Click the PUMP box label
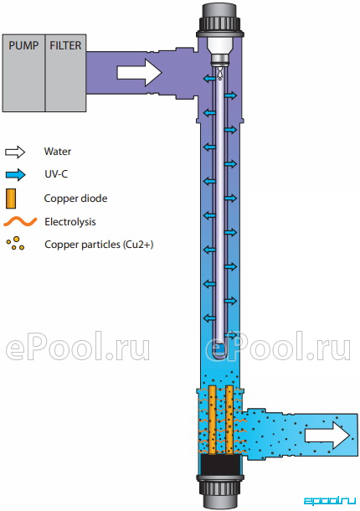(x=23, y=45)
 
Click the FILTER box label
(x=65, y=45)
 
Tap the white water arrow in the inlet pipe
(x=139, y=73)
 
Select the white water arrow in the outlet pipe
(x=327, y=435)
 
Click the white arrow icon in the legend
(x=15, y=152)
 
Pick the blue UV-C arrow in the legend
(x=15, y=174)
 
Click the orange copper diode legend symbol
(x=11, y=199)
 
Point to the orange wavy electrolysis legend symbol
(x=20, y=222)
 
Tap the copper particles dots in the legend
(x=15, y=244)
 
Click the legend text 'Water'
(x=57, y=152)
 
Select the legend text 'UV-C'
(x=56, y=174)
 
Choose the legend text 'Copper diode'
(x=75, y=199)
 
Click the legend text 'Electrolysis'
(x=70, y=222)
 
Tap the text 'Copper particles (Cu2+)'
(x=99, y=245)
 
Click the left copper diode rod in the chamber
(x=213, y=420)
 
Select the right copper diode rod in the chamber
(x=229, y=420)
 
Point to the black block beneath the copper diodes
(x=219, y=465)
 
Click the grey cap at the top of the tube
(x=219, y=21)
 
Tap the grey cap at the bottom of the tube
(x=219, y=493)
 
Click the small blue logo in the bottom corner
(x=330, y=501)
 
